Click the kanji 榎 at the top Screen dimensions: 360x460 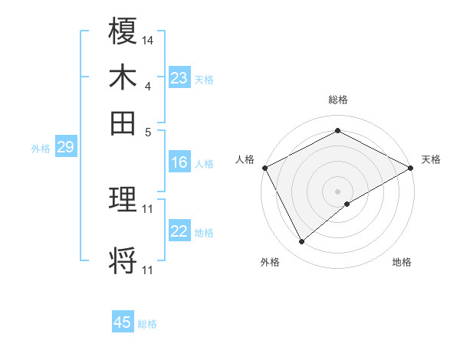click(x=123, y=33)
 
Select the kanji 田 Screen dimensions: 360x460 click(x=123, y=122)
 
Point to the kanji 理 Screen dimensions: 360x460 click(x=123, y=201)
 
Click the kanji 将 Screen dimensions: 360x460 click(x=123, y=260)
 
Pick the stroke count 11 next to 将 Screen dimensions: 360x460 click(x=148, y=270)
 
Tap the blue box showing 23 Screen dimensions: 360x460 click(x=179, y=78)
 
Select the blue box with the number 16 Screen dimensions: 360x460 click(x=179, y=162)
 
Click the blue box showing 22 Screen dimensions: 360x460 click(x=179, y=231)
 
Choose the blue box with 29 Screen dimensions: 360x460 click(x=65, y=148)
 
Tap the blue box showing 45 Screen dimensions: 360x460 click(x=123, y=322)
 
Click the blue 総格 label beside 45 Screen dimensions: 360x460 click(x=147, y=324)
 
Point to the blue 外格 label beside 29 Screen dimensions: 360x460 click(x=40, y=149)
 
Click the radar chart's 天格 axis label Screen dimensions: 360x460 click(x=431, y=159)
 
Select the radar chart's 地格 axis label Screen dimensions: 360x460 click(x=402, y=262)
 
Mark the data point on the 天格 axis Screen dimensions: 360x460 click(x=411, y=168)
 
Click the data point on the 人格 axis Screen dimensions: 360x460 click(x=264, y=168)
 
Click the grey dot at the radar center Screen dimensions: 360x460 click(x=338, y=191)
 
